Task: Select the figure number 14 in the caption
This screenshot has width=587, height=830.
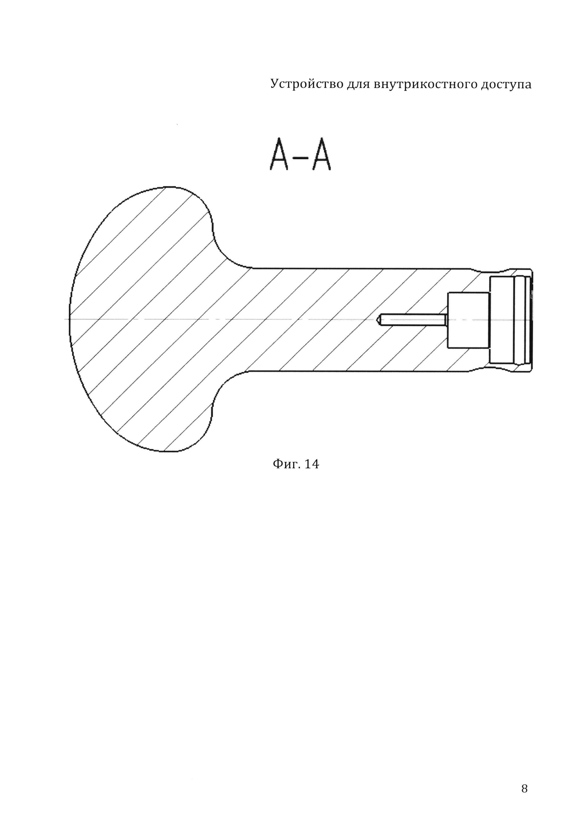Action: pos(311,464)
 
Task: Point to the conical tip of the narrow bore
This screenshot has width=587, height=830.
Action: pos(379,320)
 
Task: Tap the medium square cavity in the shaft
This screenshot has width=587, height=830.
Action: pos(468,320)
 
